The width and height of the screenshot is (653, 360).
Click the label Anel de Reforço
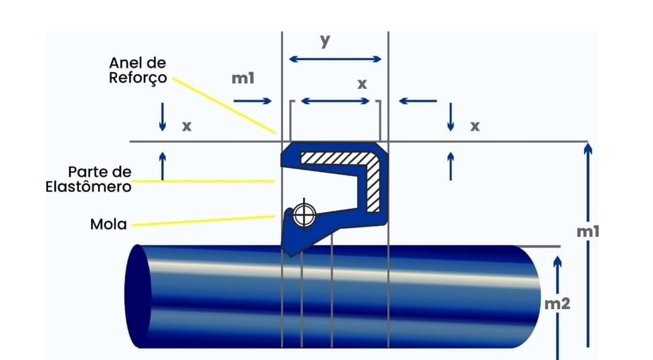click(x=138, y=70)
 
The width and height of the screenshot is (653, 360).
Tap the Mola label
click(x=108, y=223)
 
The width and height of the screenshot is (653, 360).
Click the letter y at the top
click(x=326, y=41)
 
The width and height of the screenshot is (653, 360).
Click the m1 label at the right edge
click(x=587, y=232)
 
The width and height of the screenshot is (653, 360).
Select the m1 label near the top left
click(x=243, y=78)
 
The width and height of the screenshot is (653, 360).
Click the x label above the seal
click(x=362, y=84)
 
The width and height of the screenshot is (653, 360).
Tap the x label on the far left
click(x=187, y=125)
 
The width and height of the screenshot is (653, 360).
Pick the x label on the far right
click(x=475, y=125)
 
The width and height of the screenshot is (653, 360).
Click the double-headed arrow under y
click(x=335, y=60)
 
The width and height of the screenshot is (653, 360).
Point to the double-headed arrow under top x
click(x=335, y=101)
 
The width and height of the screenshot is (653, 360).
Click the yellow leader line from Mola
click(x=201, y=221)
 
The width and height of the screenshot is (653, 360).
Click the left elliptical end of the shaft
click(x=138, y=296)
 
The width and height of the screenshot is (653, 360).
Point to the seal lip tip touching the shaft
click(x=289, y=253)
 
